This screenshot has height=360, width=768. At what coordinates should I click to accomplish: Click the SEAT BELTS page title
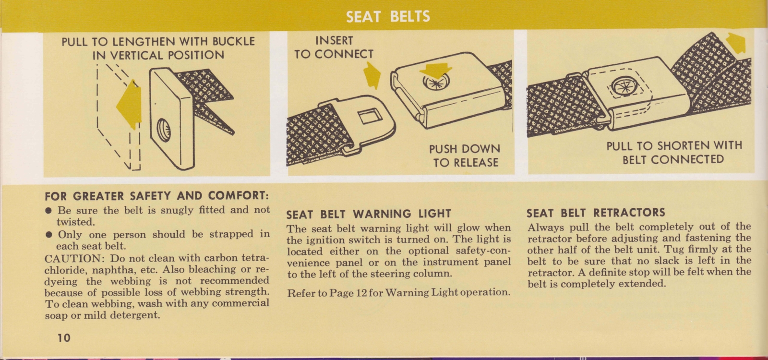[388, 17]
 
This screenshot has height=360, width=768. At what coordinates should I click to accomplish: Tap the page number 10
[63, 337]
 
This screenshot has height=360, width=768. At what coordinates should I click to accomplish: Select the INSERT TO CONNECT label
[334, 48]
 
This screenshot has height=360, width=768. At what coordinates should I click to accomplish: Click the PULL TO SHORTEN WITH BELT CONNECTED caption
[673, 152]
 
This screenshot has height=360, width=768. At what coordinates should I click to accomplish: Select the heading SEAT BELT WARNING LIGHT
[369, 214]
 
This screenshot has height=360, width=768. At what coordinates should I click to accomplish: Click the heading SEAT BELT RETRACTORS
[596, 212]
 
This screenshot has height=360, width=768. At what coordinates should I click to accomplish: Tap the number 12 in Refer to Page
[361, 292]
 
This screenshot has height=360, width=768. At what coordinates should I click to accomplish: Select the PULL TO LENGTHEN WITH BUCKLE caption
[158, 48]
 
